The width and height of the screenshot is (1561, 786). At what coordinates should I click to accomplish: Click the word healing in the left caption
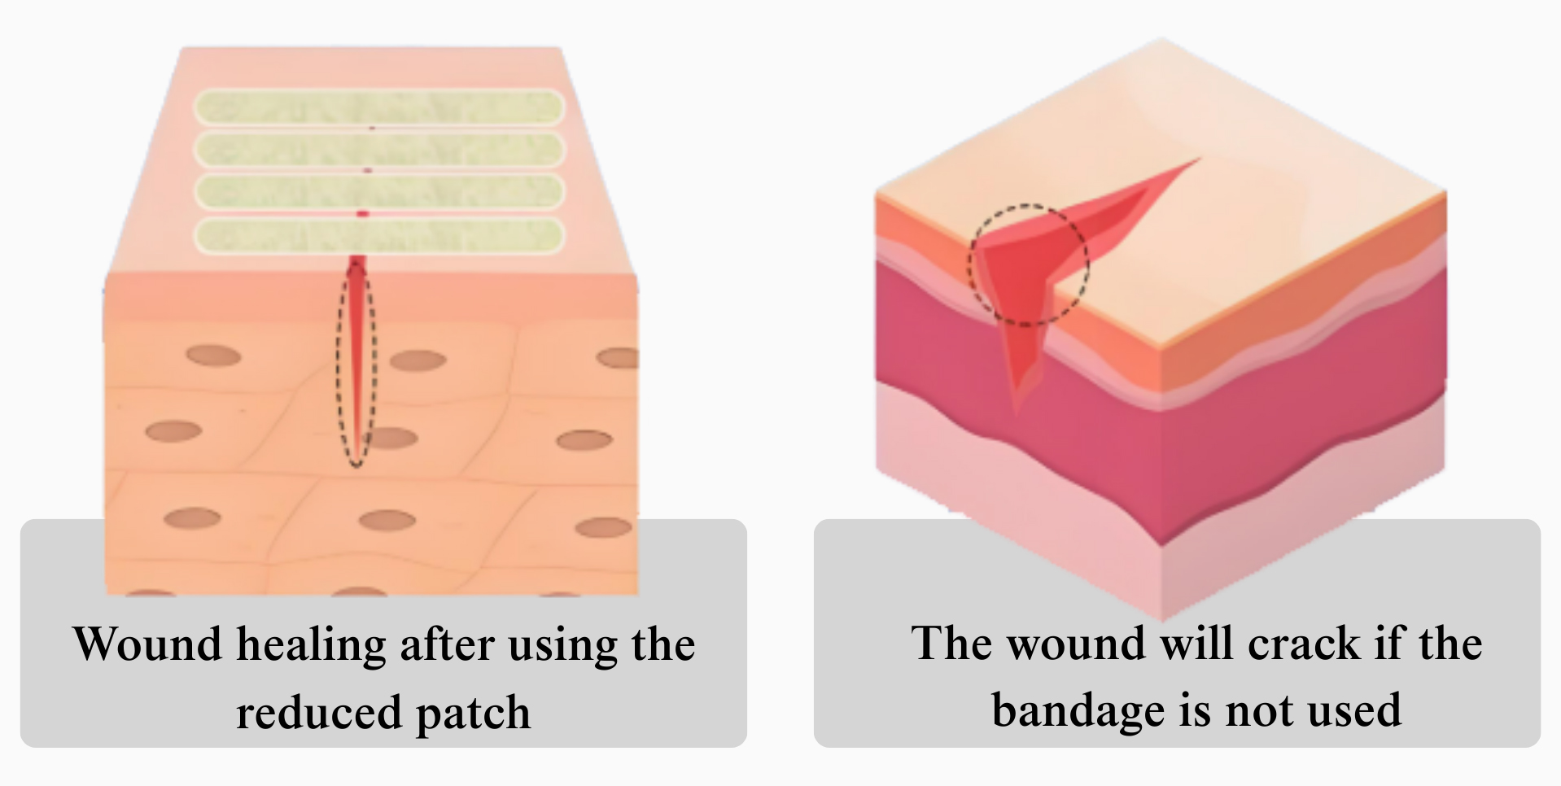click(x=311, y=645)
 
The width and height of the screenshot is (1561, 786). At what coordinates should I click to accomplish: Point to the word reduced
click(x=319, y=712)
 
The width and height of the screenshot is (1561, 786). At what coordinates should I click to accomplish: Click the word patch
click(x=473, y=714)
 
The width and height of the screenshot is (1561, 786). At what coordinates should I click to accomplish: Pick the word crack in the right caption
click(x=1304, y=644)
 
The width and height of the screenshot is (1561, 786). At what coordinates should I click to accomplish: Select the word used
click(x=1358, y=710)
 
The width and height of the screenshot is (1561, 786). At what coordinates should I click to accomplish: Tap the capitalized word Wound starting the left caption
click(x=147, y=645)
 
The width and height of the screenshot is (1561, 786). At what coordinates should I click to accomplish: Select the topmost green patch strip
click(x=378, y=107)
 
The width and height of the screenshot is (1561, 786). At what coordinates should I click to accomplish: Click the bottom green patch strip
click(x=378, y=235)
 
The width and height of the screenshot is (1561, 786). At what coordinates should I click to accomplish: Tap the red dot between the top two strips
click(x=372, y=128)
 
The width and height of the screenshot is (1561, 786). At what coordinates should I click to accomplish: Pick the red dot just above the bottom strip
click(x=363, y=214)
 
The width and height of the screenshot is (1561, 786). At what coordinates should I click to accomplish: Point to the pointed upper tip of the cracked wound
click(x=1198, y=160)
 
